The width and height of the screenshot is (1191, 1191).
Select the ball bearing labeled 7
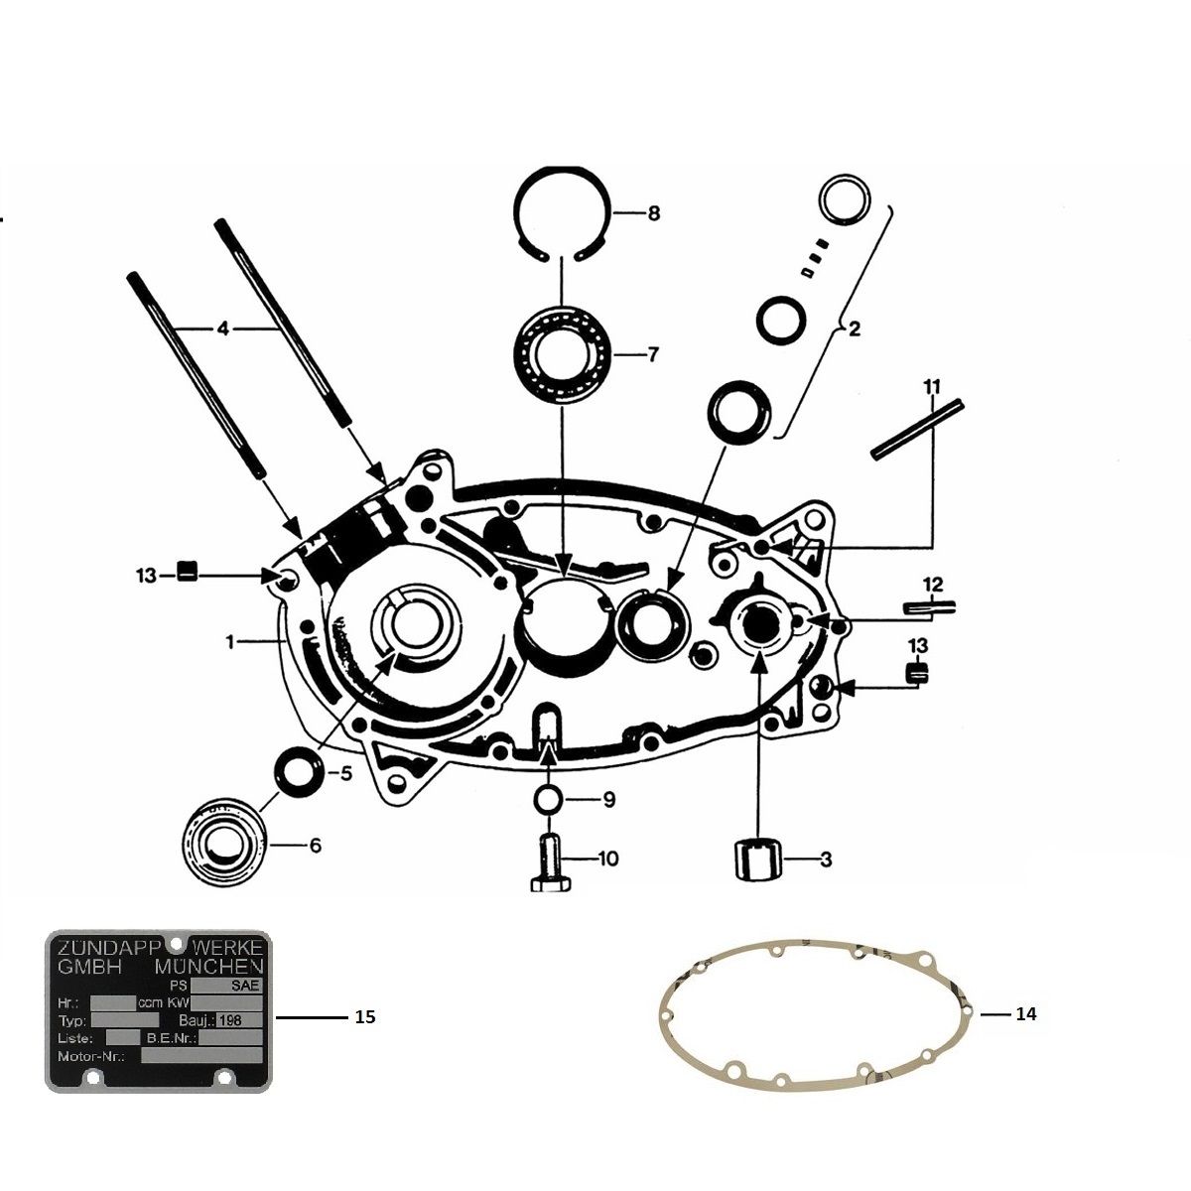click(562, 354)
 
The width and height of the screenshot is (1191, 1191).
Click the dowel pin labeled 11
click(917, 429)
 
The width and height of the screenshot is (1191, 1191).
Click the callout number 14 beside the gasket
click(1025, 1014)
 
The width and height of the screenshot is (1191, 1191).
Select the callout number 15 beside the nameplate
click(364, 1018)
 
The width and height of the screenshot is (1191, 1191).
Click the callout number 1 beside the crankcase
click(230, 643)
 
